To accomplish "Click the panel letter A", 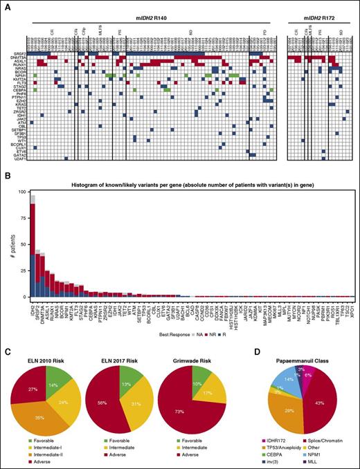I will tap(6, 5).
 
